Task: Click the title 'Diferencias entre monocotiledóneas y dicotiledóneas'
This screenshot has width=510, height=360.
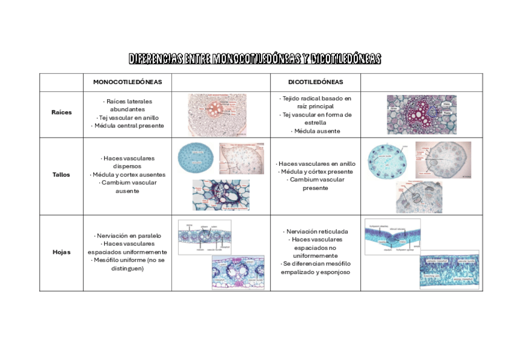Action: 255,59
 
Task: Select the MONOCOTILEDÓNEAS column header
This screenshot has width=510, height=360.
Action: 127,82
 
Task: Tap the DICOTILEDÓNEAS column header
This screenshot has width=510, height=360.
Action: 315,82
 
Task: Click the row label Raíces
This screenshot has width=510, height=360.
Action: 61,112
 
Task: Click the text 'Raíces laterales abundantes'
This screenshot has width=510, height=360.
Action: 127,105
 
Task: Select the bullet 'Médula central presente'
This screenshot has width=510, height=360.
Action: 127,126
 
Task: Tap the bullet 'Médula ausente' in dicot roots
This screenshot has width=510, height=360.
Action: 315,131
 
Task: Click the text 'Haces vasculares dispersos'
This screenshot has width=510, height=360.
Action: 127,162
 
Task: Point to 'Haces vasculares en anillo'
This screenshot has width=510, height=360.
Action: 316,163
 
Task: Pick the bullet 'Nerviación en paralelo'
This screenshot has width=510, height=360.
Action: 127,236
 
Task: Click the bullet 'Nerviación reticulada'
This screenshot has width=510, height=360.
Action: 315,231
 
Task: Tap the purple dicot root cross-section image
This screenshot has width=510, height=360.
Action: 421,114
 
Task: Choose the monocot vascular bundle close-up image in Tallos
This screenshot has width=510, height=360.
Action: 221,195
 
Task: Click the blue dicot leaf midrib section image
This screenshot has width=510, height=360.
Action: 392,237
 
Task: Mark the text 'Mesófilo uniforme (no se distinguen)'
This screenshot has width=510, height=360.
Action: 127,264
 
